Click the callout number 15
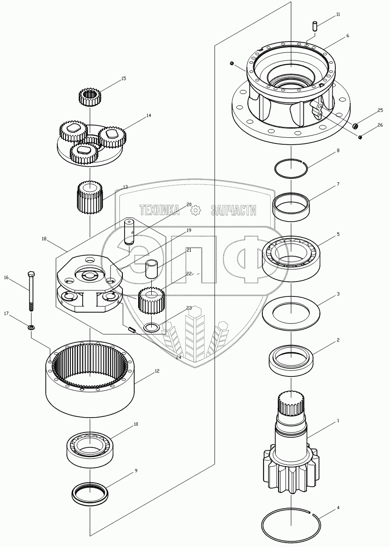click(x=123, y=79)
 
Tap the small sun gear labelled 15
click(x=90, y=96)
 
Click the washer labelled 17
click(x=31, y=327)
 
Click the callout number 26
click(x=380, y=125)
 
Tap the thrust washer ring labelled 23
click(x=152, y=328)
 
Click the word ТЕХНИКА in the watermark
click(x=159, y=211)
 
